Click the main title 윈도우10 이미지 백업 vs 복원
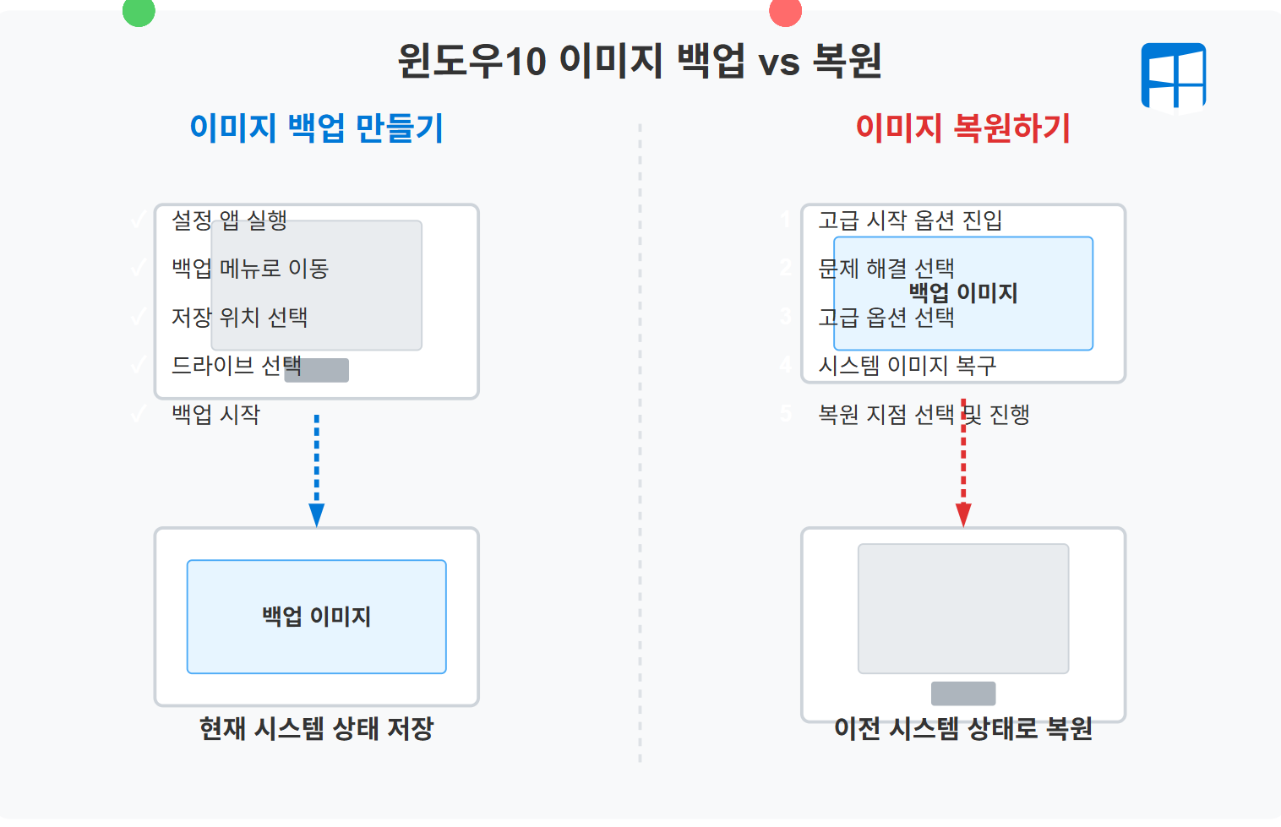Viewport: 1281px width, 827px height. [x=640, y=61]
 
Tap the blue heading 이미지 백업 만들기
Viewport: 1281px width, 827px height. [x=316, y=128]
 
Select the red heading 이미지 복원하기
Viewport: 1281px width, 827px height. [x=962, y=128]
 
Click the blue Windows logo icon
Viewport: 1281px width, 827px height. [x=1173, y=77]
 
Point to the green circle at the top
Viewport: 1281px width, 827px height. [x=139, y=11]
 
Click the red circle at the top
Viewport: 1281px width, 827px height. [x=785, y=11]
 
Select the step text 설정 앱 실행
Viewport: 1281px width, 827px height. [x=229, y=220]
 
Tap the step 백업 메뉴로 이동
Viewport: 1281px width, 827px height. [x=250, y=269]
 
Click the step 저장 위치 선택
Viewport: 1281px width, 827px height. [x=239, y=318]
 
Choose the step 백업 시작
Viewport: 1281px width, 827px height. [x=215, y=414]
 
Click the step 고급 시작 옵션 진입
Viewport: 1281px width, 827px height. [x=910, y=220]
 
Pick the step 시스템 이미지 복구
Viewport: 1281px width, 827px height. [x=908, y=366]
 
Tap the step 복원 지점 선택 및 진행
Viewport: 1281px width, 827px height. [x=924, y=414]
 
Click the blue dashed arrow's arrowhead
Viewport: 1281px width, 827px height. [x=317, y=514]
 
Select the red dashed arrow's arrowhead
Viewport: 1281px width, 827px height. [x=963, y=514]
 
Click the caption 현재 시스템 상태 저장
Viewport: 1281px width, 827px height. [x=316, y=728]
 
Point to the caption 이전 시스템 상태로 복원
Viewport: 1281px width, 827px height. [x=962, y=728]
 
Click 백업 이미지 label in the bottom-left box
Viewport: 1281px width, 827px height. [x=316, y=617]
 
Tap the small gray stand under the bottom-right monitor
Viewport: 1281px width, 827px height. [x=963, y=694]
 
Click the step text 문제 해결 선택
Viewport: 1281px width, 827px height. [x=886, y=269]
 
